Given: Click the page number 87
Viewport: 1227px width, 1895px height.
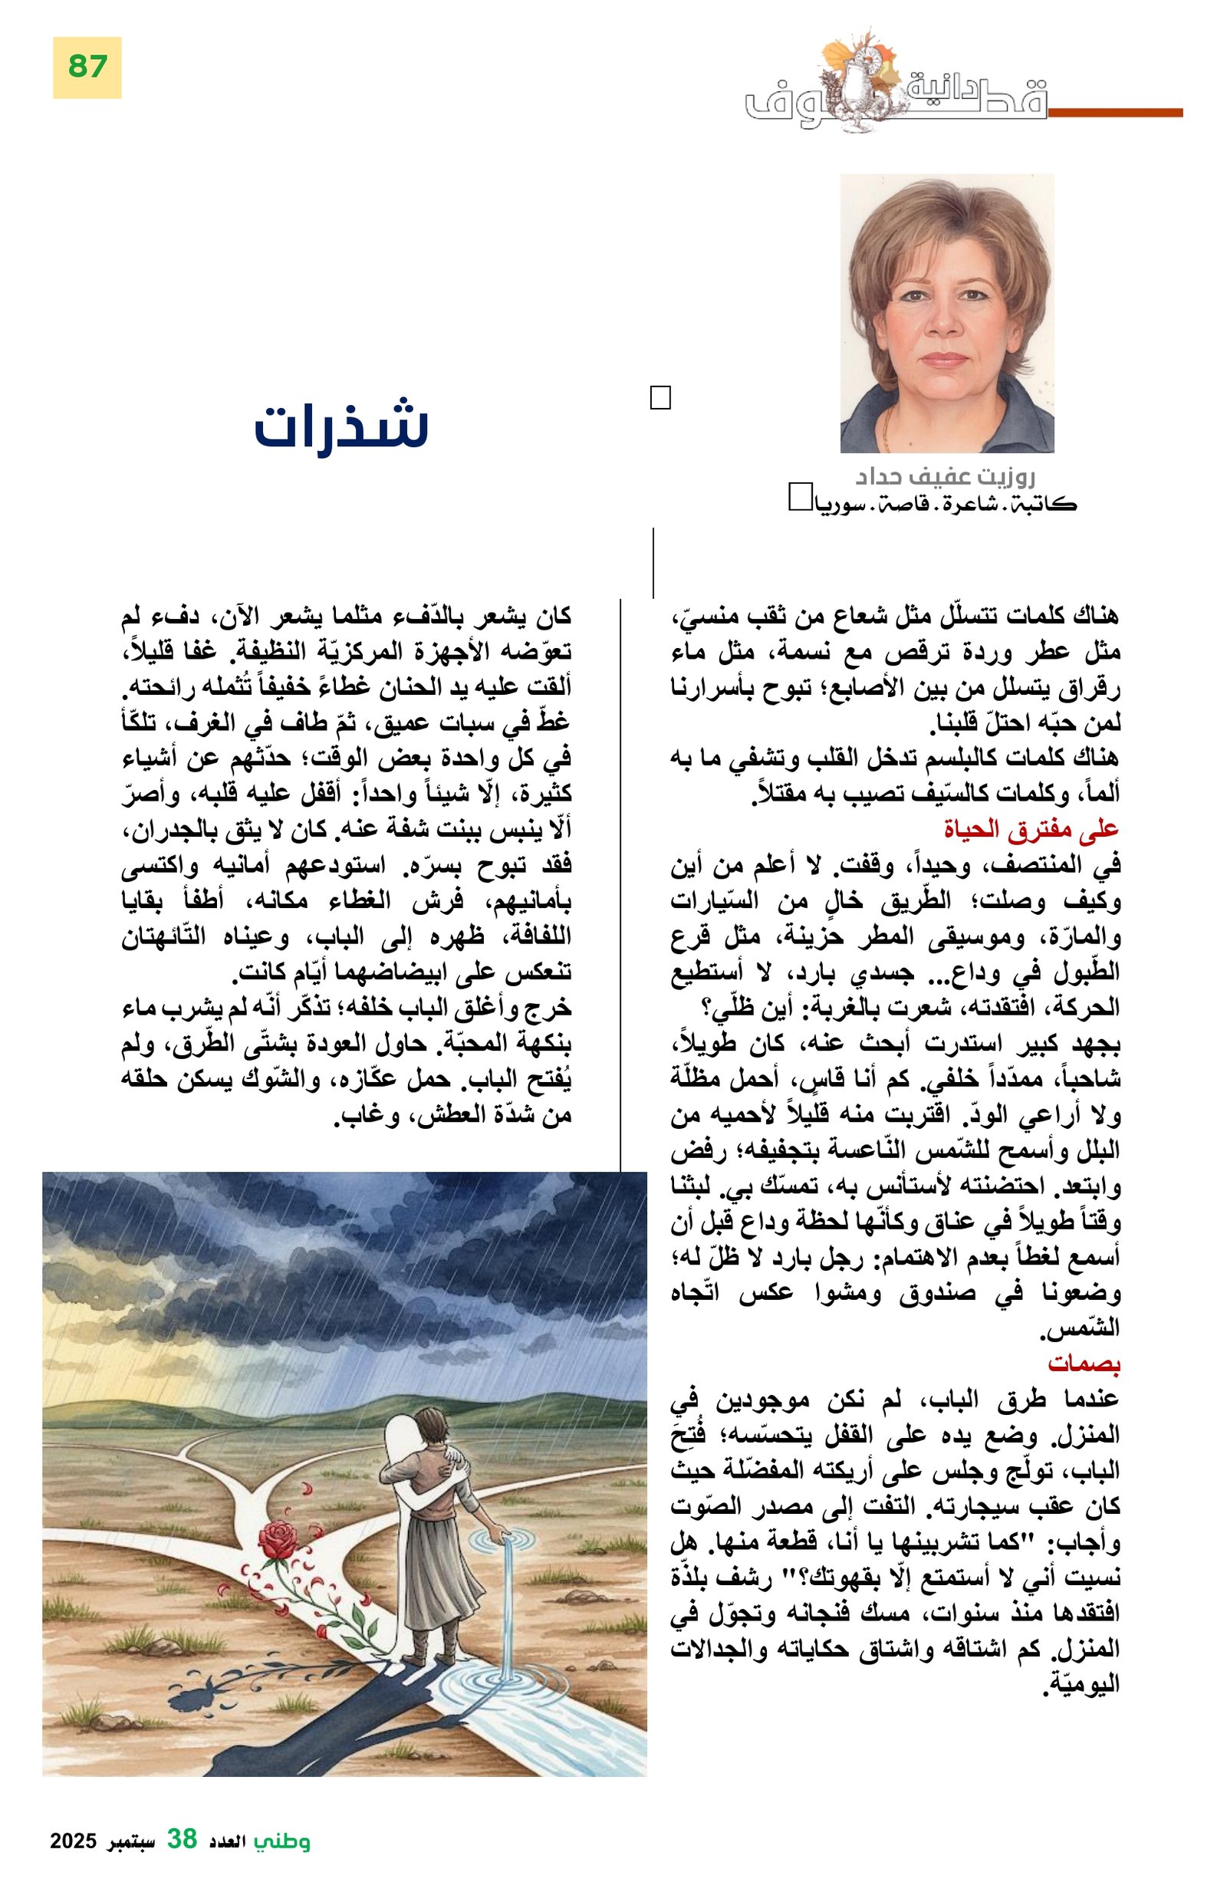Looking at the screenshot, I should pos(87,67).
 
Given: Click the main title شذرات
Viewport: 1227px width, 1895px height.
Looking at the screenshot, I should pos(340,426).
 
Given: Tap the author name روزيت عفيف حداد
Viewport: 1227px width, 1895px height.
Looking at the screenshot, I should pos(944,478).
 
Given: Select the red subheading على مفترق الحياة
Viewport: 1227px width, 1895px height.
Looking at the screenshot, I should pos(1031,831).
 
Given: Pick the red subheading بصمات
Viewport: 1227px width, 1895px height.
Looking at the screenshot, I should pos(1083,1363).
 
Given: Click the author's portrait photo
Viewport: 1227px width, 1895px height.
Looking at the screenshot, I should pos(947,314).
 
